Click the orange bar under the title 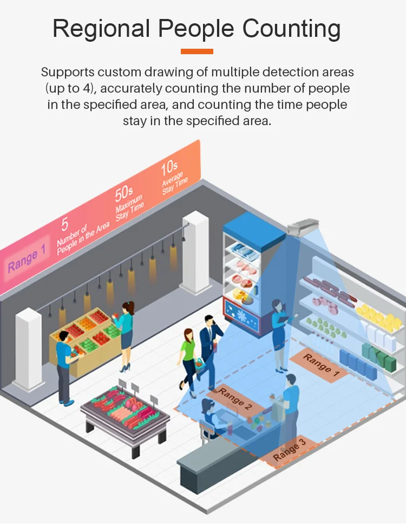[x=197, y=51]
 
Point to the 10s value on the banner [x=169, y=169]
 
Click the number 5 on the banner [x=65, y=223]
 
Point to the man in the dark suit [x=209, y=347]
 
